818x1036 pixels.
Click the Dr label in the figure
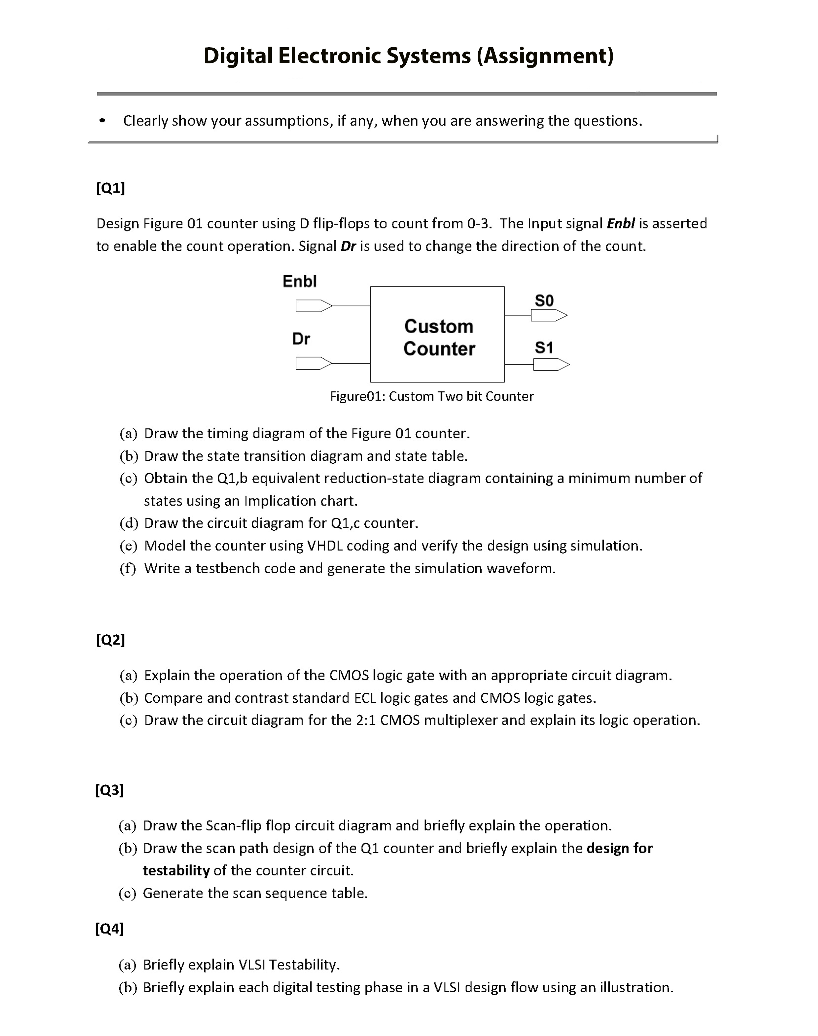click(301, 339)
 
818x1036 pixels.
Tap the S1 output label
click(544, 347)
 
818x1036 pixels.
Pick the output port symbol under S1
click(551, 365)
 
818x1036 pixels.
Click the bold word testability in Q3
click(176, 871)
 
